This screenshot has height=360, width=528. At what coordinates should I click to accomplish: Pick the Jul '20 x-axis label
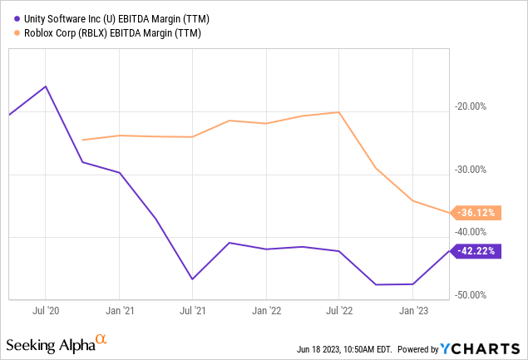(x=46, y=312)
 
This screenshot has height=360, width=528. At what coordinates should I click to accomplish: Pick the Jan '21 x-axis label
(x=119, y=312)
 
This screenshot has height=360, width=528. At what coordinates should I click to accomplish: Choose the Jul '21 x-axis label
(x=192, y=312)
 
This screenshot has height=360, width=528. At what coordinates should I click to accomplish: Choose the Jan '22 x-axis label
(x=265, y=312)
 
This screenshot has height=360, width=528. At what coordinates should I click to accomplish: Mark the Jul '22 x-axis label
(x=338, y=312)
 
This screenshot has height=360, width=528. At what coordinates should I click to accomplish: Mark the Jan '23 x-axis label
(x=412, y=312)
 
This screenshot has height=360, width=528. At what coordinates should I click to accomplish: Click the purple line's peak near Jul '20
(x=46, y=86)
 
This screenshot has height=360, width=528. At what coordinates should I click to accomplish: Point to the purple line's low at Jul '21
(x=192, y=279)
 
